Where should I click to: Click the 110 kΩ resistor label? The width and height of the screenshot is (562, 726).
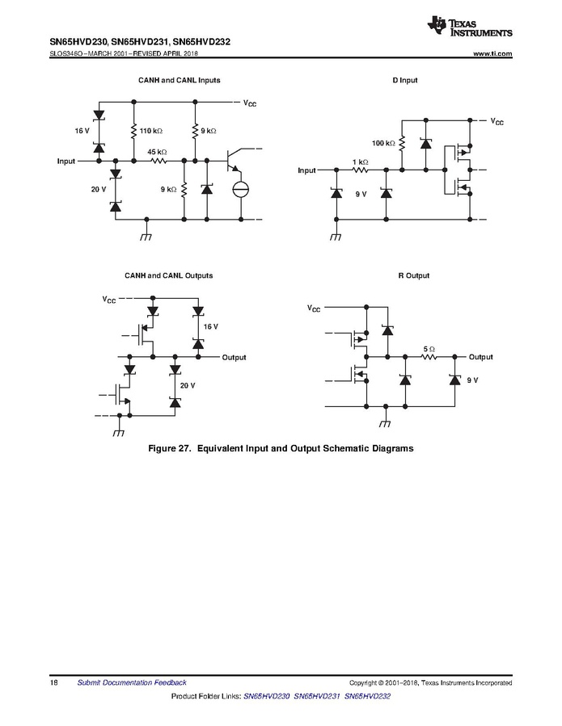click(x=151, y=130)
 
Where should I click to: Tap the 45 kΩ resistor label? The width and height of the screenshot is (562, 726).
click(x=157, y=152)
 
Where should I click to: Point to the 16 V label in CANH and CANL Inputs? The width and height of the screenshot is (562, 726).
click(x=82, y=130)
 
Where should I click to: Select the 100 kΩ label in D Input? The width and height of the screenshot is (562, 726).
click(x=382, y=143)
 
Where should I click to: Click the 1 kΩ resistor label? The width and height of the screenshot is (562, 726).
click(x=360, y=162)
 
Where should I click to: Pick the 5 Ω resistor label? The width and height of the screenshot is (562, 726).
click(x=429, y=349)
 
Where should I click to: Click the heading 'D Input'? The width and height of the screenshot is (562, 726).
click(x=404, y=81)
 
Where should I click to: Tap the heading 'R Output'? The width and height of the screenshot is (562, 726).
click(x=413, y=276)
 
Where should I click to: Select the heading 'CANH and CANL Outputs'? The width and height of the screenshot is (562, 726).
click(x=168, y=276)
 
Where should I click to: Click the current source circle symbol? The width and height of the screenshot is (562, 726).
click(x=240, y=190)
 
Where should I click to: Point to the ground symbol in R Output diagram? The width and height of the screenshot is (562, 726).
click(x=386, y=422)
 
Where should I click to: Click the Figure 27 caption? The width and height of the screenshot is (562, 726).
click(x=281, y=448)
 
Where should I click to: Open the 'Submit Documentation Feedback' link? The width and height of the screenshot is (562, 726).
click(x=131, y=683)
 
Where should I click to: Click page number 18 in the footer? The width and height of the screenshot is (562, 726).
click(x=53, y=683)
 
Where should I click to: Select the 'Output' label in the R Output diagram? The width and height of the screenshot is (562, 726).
click(x=480, y=357)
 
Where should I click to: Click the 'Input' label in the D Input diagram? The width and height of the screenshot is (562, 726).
click(x=306, y=170)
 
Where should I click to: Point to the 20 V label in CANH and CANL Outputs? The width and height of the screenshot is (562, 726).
click(x=187, y=386)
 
